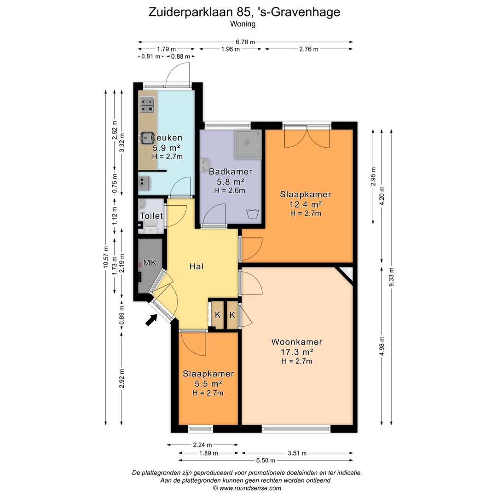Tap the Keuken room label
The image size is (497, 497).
[x=166, y=138]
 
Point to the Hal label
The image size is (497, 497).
[x=196, y=266]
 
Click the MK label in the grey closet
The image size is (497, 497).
[x=150, y=263]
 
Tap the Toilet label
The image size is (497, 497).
[x=151, y=216]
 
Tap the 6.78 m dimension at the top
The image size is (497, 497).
[x=245, y=42]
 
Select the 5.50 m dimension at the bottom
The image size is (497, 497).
[x=266, y=460]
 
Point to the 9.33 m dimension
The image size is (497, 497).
[x=391, y=277]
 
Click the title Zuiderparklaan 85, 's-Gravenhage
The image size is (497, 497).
[x=244, y=12]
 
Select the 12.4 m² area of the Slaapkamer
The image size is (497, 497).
[x=305, y=204]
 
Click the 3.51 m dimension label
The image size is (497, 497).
[x=297, y=453]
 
